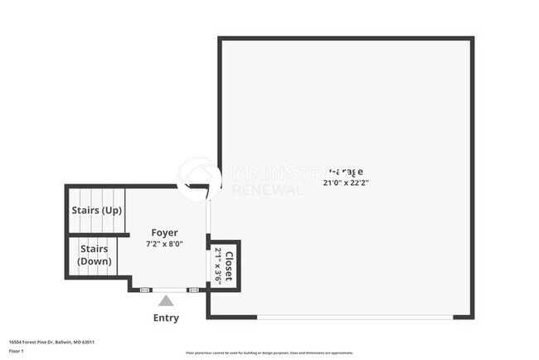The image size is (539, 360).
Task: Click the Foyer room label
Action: [x=164, y=232]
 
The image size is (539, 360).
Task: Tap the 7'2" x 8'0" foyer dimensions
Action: [x=164, y=244]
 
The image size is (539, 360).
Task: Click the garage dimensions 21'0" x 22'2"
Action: [x=346, y=182]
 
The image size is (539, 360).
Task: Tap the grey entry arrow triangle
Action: [x=166, y=300]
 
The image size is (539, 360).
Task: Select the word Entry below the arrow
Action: [x=166, y=318]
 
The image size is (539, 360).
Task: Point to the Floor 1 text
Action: [x=17, y=352]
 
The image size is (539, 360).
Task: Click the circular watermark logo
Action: [x=199, y=178]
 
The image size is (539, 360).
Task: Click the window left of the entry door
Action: [x=143, y=289]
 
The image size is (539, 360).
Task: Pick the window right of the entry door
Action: [x=192, y=289]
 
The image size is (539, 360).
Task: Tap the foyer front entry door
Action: [x=167, y=289]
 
